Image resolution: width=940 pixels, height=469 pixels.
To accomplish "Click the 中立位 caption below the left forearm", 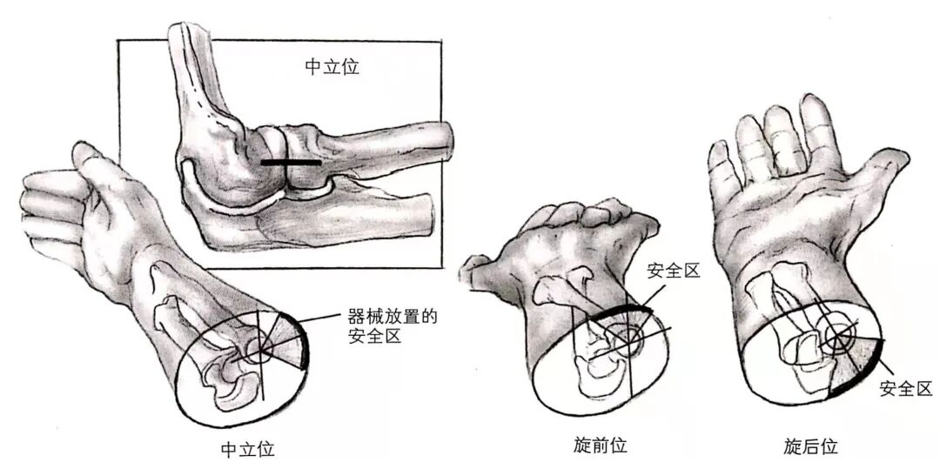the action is (248, 450).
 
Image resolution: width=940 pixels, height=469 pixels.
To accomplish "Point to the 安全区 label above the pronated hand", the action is (674, 271).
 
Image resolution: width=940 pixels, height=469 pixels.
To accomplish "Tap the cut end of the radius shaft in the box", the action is (444, 142).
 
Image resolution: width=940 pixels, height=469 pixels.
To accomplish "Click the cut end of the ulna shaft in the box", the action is (426, 211).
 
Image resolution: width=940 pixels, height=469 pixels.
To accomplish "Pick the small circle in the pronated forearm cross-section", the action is (626, 333).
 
